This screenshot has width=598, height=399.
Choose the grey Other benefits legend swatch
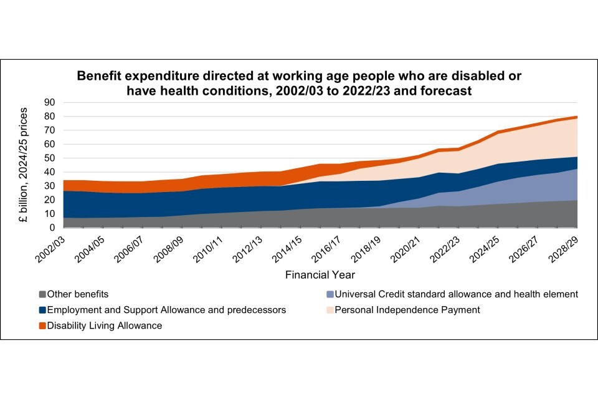point(42,294)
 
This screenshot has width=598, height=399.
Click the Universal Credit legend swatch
point(330,294)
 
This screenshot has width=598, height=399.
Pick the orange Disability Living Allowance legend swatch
point(42,325)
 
